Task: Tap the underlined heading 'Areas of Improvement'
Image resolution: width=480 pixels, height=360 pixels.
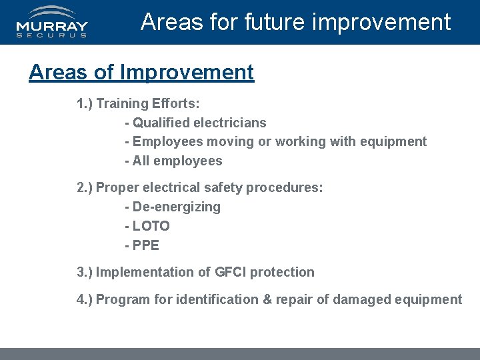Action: tap(141, 72)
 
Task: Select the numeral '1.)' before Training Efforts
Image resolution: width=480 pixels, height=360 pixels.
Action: tap(85, 104)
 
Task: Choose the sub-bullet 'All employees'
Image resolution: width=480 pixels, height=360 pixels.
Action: tap(177, 161)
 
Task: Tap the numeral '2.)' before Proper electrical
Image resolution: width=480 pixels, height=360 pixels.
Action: tap(85, 188)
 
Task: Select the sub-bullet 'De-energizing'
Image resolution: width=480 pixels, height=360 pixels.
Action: tap(176, 207)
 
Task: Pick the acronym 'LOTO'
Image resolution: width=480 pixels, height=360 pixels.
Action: tap(151, 226)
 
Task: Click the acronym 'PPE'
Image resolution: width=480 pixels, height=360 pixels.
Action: tap(146, 245)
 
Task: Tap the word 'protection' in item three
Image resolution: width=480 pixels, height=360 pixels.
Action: tap(283, 272)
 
